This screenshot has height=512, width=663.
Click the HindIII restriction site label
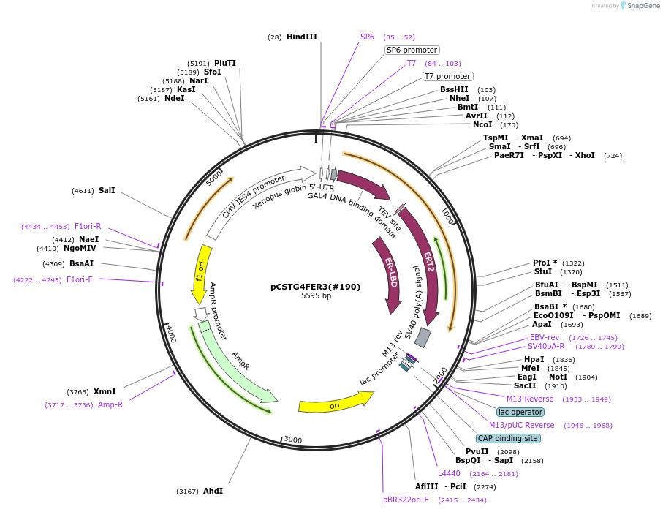[302, 37]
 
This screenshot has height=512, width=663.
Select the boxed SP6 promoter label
[412, 50]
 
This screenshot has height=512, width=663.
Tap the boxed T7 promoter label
[447, 76]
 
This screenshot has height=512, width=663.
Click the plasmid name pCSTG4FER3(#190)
[316, 287]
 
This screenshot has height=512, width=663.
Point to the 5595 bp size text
[316, 296]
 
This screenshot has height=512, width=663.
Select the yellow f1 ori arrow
[202, 272]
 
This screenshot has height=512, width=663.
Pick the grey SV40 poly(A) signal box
[423, 337]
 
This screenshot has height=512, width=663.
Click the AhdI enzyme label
[213, 491]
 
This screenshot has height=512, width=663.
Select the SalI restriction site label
[107, 190]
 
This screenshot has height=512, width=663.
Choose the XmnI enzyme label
[105, 391]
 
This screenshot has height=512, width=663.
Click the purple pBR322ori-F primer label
[406, 500]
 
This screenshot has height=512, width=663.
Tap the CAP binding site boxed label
[507, 438]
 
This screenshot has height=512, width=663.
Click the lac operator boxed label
[520, 412]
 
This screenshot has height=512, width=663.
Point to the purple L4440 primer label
[449, 473]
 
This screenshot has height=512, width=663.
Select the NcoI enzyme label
[482, 124]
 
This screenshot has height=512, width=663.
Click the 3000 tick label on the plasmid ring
[292, 440]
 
